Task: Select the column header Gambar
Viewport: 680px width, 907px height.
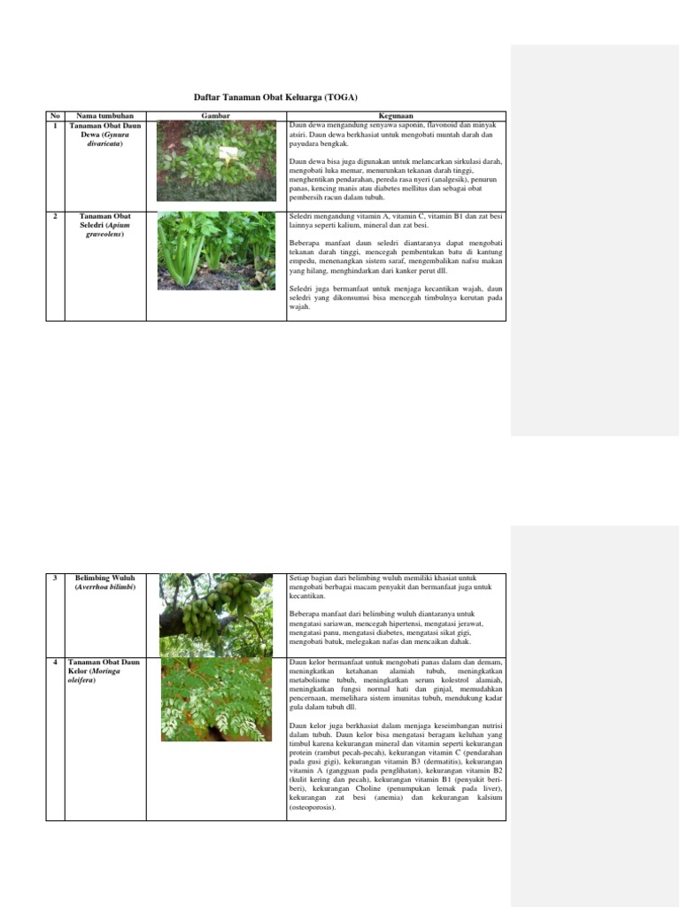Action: coord(216,116)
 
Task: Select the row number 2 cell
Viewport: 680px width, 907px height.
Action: coord(54,216)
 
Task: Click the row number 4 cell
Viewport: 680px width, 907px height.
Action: coord(54,663)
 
